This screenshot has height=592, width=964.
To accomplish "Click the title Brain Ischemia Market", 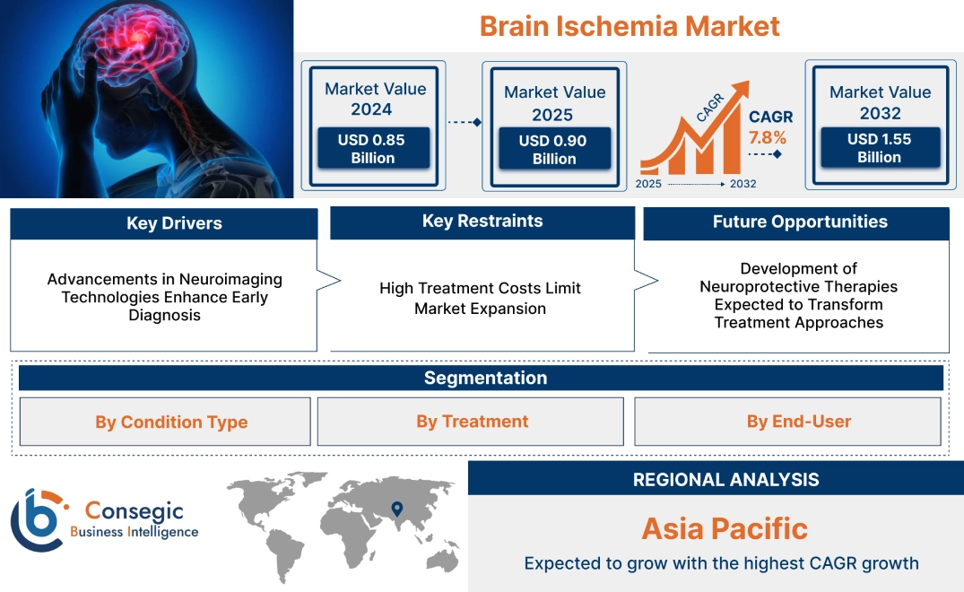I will (x=630, y=25).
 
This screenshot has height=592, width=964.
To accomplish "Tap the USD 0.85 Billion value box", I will (x=372, y=149).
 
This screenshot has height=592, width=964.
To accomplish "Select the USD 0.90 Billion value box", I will (x=554, y=150).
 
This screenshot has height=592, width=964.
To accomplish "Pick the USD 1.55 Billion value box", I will (x=879, y=148).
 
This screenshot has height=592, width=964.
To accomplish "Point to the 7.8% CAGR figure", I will (x=767, y=138).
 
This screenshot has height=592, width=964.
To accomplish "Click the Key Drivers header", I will (x=163, y=223).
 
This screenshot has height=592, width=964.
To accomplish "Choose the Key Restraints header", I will (x=482, y=222).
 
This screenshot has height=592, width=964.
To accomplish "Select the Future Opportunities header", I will (x=796, y=222).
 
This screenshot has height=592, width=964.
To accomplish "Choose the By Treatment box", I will (x=471, y=422).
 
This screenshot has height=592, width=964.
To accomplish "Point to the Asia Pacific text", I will (x=725, y=528).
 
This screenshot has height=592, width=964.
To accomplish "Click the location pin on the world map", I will (x=395, y=510).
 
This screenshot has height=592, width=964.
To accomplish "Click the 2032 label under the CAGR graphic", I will (x=743, y=184).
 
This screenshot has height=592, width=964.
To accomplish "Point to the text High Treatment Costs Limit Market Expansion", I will (x=481, y=298).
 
